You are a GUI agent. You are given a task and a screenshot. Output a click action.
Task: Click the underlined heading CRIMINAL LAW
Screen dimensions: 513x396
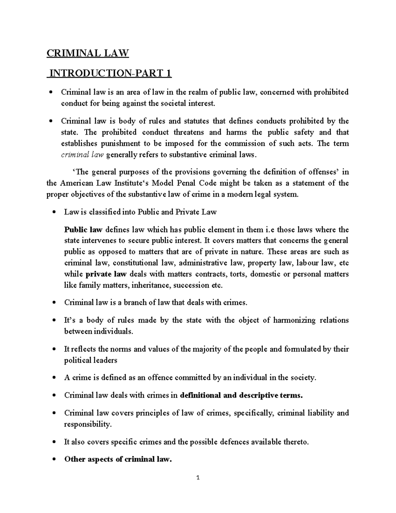coord(87,53)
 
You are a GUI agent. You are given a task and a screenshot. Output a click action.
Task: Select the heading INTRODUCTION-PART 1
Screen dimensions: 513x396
coord(109,73)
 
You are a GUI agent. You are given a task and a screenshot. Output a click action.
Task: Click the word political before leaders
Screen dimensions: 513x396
coord(78,360)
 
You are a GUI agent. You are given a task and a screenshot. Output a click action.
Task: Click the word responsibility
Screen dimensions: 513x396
coord(87,424)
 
